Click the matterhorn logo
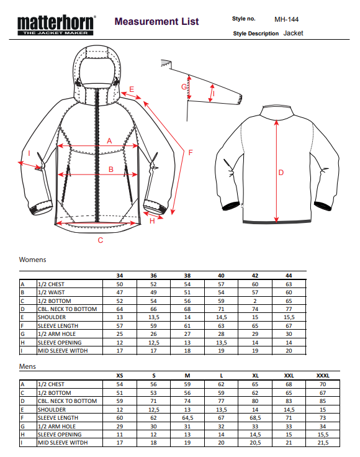(x=56, y=25)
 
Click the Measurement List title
(x=156, y=21)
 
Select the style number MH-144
(x=286, y=19)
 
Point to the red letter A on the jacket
(x=109, y=141)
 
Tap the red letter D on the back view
(x=281, y=173)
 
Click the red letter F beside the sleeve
(x=191, y=152)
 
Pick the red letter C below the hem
(x=101, y=240)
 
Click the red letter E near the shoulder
(x=132, y=89)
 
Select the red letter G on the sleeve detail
(x=184, y=86)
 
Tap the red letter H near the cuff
(x=152, y=221)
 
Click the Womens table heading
(x=33, y=260)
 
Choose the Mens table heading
(x=27, y=366)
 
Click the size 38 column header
(x=187, y=276)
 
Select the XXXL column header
(x=323, y=376)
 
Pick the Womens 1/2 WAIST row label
(x=52, y=292)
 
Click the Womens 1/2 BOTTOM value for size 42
(x=255, y=301)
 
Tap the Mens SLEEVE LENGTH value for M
(x=187, y=418)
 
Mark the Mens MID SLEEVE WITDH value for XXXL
(x=323, y=443)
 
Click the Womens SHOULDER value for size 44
(x=289, y=317)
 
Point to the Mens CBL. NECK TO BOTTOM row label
(x=67, y=401)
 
